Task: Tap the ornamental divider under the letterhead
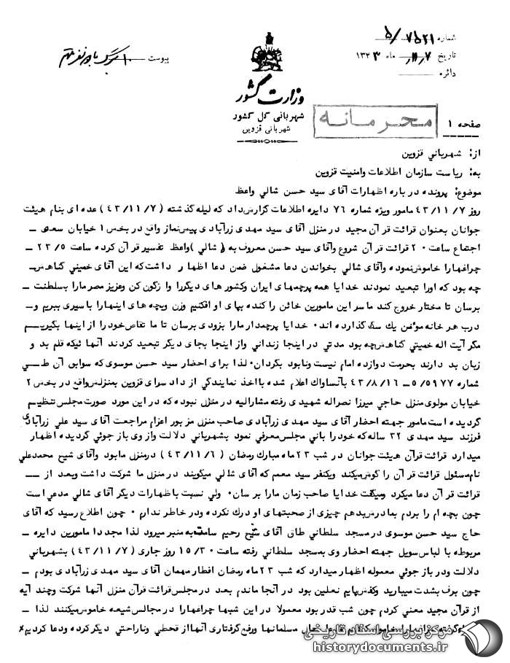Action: coord(263,136)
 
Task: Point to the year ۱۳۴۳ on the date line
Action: coord(372,55)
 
